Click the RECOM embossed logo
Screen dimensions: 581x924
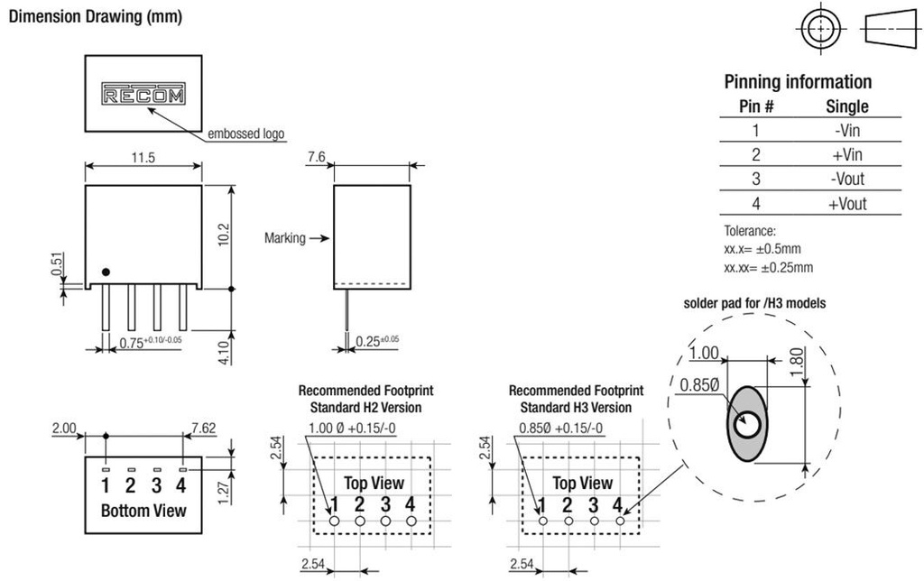click(x=143, y=94)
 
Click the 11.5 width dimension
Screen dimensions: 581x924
click(x=143, y=157)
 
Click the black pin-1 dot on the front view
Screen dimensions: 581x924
click(x=106, y=272)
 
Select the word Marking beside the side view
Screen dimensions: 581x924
click(x=285, y=239)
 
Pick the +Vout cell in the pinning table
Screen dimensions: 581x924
click(x=847, y=204)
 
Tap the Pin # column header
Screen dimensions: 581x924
click(x=756, y=106)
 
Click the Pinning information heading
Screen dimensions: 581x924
click(x=798, y=82)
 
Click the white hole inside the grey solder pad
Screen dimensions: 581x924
click(x=747, y=423)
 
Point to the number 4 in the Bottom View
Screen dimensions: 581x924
click(x=180, y=486)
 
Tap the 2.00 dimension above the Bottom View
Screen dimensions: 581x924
click(x=64, y=428)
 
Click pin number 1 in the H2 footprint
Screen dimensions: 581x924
click(x=335, y=504)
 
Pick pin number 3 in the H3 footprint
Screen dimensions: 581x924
click(x=593, y=504)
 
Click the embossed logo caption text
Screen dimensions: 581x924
click(x=246, y=134)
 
